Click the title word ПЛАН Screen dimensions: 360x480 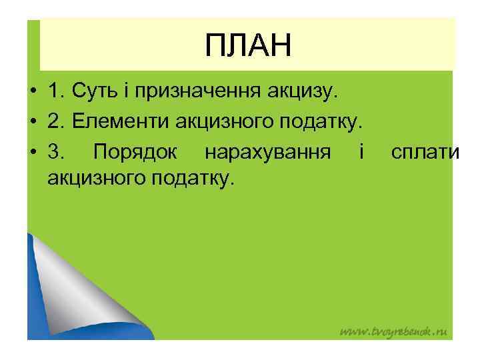248,47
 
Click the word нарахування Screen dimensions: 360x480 267,153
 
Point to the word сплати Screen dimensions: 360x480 425,153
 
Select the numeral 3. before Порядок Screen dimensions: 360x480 57,153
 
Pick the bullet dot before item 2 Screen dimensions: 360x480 33,122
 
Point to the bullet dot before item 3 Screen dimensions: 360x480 33,153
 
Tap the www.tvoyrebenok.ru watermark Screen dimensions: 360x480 393,331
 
